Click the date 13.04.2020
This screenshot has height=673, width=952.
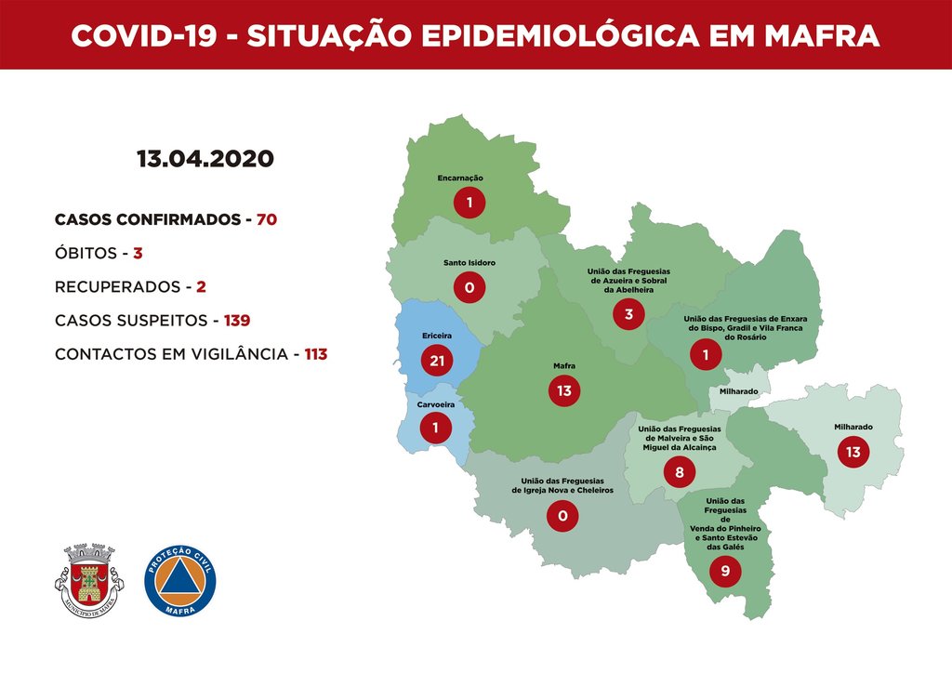pyautogui.click(x=205, y=158)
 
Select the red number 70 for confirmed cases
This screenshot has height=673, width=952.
pyautogui.click(x=266, y=220)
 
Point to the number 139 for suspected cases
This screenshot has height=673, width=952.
pyautogui.click(x=236, y=321)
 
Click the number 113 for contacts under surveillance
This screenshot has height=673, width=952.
pyautogui.click(x=316, y=354)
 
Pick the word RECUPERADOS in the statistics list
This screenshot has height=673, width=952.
pyautogui.click(x=115, y=286)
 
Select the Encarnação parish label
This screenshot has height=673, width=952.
pyautogui.click(x=460, y=178)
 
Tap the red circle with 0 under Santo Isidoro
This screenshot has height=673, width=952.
pyautogui.click(x=469, y=288)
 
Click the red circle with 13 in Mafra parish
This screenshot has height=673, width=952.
pyautogui.click(x=563, y=391)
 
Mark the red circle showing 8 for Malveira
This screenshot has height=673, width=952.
pyautogui.click(x=679, y=473)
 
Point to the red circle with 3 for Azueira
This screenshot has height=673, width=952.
pyautogui.click(x=628, y=314)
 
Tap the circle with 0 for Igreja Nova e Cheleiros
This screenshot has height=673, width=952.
pyautogui.click(x=562, y=516)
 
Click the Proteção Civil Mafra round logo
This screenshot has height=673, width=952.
pyautogui.click(x=180, y=581)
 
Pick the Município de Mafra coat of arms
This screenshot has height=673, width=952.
pyautogui.click(x=87, y=581)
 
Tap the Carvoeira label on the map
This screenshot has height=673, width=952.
pyautogui.click(x=435, y=403)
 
